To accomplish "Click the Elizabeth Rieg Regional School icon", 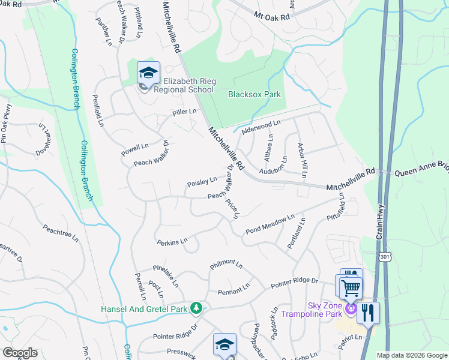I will tap(148, 74).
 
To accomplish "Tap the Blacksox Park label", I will tap(255, 94).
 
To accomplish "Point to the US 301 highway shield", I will tap(384, 257).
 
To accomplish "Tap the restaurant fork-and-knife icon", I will tap(367, 313).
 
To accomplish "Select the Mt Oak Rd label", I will tap(271, 15).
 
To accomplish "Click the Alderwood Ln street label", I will tap(261, 127).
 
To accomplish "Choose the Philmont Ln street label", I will tap(226, 264).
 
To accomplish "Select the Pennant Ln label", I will tap(234, 290).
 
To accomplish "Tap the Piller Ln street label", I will tap(184, 112).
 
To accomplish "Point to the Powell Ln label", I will tap(134, 147).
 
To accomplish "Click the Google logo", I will tap(20, 353).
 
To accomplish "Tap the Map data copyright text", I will tap(411, 355).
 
